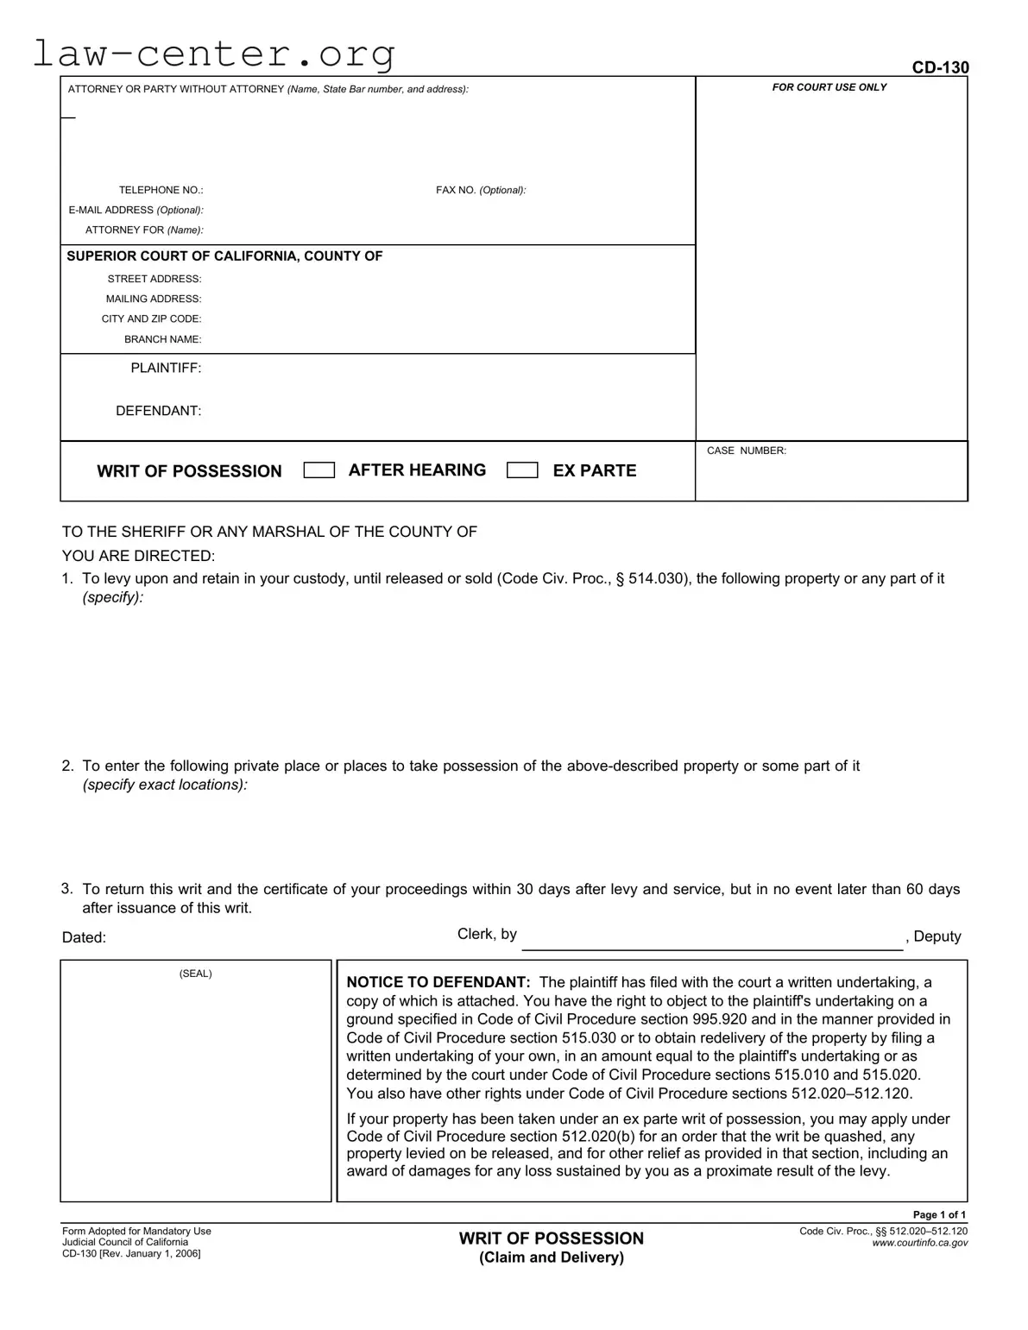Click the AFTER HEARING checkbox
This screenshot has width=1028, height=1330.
[x=319, y=470]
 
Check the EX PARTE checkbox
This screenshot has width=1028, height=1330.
[x=522, y=470]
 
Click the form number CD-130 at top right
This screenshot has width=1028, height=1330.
[x=940, y=67]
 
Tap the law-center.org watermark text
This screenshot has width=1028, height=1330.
[x=214, y=54]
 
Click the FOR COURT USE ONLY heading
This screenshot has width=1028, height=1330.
[x=829, y=87]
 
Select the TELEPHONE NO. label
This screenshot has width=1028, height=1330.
[x=161, y=190]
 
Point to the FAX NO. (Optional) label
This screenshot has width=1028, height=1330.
[x=481, y=190]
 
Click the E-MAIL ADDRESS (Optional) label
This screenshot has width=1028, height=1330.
[x=136, y=210]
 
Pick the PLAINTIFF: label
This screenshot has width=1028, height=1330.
[x=166, y=368]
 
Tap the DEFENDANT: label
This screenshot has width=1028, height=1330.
[x=159, y=411]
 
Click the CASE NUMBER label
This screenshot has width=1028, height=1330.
[x=746, y=451]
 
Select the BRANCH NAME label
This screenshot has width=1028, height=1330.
[x=162, y=339]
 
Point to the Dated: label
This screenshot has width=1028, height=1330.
[x=84, y=938]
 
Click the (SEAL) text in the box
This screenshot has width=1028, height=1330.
[x=195, y=974]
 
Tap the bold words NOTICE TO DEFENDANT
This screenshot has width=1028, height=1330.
[x=438, y=982]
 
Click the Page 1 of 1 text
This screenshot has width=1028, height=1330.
[x=939, y=1214]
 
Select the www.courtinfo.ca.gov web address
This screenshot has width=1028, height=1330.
[x=919, y=1243]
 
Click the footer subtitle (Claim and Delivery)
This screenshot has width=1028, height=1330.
[x=551, y=1258]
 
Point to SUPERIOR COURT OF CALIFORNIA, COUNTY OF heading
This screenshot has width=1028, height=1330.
[x=224, y=256]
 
